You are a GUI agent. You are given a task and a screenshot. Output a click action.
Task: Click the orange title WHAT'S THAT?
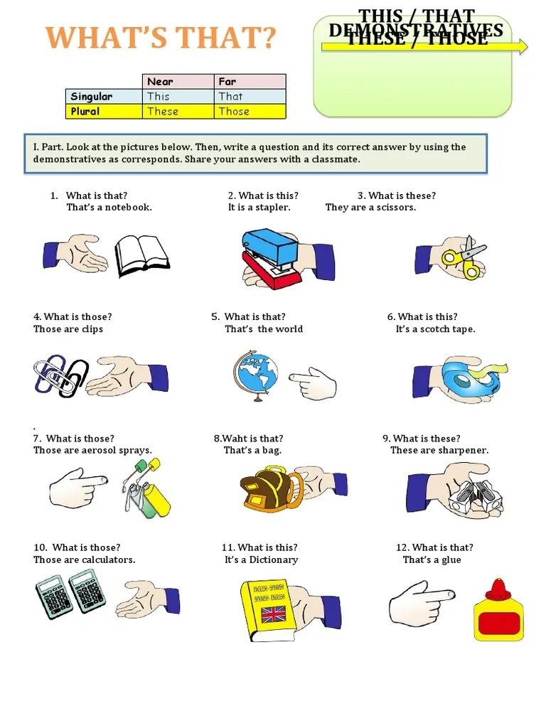tap(161, 38)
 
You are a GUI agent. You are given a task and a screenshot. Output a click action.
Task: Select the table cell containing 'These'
tap(178, 112)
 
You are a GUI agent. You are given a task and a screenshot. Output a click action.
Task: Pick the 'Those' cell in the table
tap(250, 112)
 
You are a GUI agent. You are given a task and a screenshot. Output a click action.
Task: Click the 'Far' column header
tap(250, 82)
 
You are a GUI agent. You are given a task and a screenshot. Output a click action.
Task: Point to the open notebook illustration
tap(142, 255)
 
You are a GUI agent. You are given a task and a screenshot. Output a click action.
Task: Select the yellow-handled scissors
tap(462, 257)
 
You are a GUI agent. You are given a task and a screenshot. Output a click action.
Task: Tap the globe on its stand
tap(255, 375)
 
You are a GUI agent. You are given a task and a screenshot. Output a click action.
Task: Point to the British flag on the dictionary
tap(274, 614)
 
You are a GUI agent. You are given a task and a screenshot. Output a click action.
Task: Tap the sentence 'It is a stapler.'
tap(259, 208)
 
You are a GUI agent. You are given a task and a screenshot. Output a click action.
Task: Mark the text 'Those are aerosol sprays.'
tap(92, 451)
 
